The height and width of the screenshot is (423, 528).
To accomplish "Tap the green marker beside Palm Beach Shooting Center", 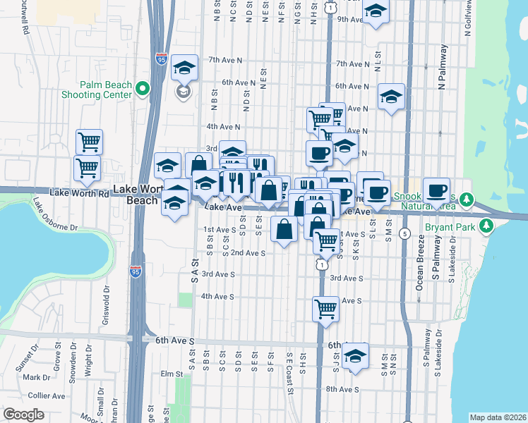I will pos(143,89).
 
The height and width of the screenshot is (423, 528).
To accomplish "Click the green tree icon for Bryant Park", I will pos(486,226).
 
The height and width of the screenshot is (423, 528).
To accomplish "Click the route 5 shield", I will pos(404,233).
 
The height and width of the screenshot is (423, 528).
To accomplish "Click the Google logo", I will pos(23,415).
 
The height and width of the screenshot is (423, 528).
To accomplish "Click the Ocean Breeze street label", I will pos(419,272).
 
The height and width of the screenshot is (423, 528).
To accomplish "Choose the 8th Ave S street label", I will pos(342,389).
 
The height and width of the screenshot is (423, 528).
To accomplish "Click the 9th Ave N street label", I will pos(349,19).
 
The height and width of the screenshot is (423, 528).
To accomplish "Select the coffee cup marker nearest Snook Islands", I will pos(436,190).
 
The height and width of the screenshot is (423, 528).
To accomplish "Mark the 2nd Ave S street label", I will pos(248,252).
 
